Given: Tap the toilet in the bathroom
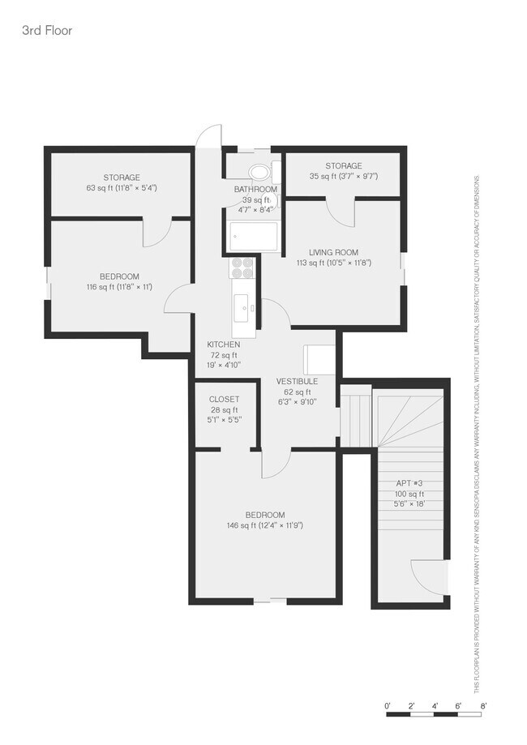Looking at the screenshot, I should point(259,172).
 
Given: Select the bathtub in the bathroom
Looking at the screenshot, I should point(254,237).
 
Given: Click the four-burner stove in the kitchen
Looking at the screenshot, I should point(242,267).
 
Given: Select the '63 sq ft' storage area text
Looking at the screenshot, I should point(122,188).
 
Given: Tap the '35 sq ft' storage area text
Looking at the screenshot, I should point(343,176).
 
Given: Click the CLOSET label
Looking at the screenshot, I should point(224,400).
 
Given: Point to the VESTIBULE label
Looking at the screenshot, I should point(296,381).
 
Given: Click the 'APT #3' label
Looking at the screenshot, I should point(409,484).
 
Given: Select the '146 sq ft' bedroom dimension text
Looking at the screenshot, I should point(265,525).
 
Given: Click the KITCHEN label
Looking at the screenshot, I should point(223,345).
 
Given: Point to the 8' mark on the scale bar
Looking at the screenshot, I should point(483,706).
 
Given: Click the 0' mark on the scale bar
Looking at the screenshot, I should point(388,706).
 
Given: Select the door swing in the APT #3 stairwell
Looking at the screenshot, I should point(429,577).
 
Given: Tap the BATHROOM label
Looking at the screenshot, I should point(255,190).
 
